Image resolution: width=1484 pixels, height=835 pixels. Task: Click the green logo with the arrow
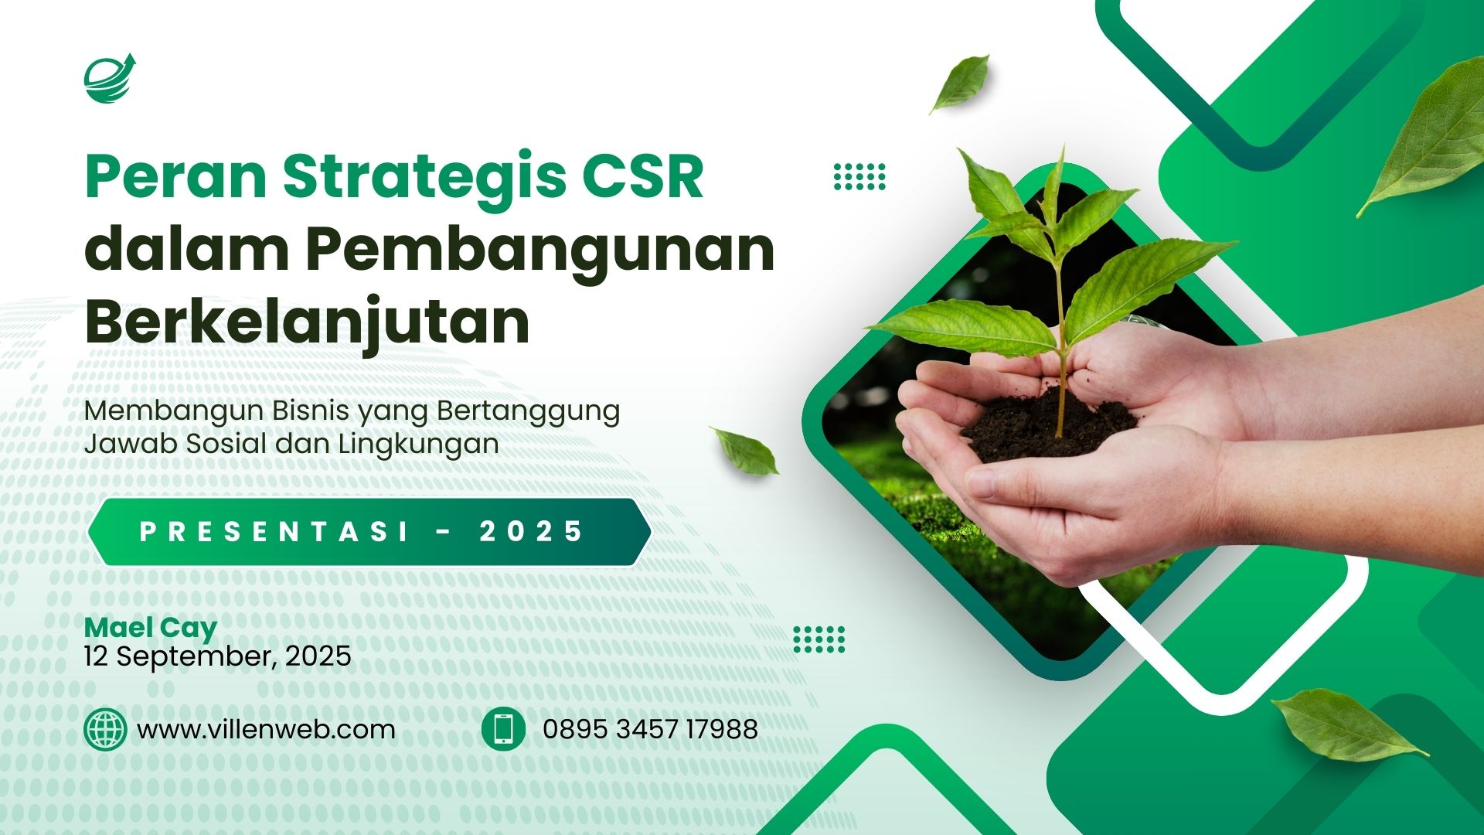[110, 78]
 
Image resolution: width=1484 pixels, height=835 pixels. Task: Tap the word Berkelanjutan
[308, 322]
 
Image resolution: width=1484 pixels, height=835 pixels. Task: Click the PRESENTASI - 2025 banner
[369, 532]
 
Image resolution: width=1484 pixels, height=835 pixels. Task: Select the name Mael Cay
[151, 629]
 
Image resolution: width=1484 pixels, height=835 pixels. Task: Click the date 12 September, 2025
[218, 656]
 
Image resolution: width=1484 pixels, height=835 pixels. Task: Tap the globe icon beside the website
[105, 729]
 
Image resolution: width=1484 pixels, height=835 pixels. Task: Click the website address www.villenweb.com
[267, 729]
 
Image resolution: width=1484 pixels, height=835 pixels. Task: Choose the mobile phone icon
[503, 729]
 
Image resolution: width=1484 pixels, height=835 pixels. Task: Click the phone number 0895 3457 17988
[650, 729]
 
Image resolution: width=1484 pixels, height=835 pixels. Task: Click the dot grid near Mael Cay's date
[819, 639]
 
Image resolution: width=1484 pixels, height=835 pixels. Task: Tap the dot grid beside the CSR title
[859, 176]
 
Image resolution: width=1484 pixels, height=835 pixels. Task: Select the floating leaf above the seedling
[960, 83]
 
